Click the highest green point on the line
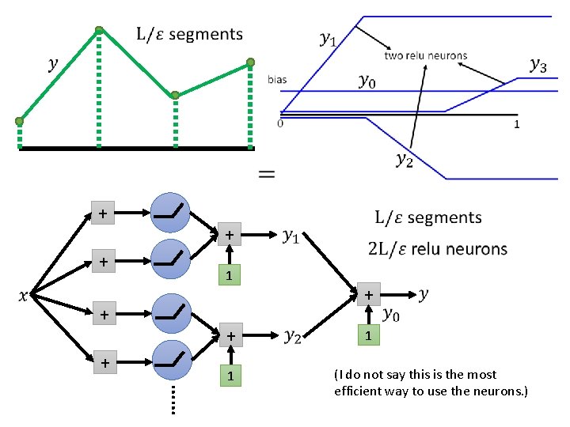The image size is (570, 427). pos(99,32)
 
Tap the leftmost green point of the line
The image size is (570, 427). pos(19,121)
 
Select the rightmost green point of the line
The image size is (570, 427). pos(250,62)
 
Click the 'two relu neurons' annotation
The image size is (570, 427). pos(425,55)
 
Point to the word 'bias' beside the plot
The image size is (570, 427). pos(277,80)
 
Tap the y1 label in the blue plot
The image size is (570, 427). pos(326,37)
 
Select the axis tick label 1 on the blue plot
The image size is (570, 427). pos(517,124)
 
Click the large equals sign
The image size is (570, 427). pos(268,175)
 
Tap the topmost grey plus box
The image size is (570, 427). pos(102,213)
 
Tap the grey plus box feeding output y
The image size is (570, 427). pos(367,294)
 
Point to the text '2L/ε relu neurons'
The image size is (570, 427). pos(438,249)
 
